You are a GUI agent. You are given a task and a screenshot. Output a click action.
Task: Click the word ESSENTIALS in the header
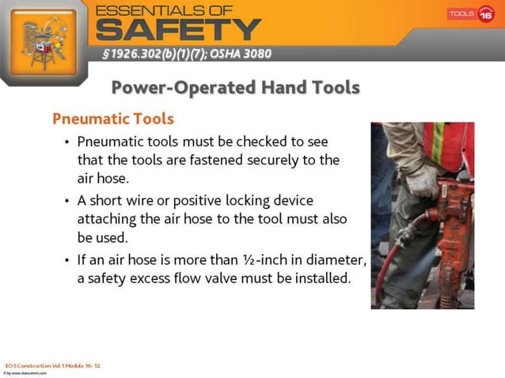tap(161, 9)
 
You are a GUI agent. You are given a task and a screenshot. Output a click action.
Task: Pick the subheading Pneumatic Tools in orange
tap(112, 119)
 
